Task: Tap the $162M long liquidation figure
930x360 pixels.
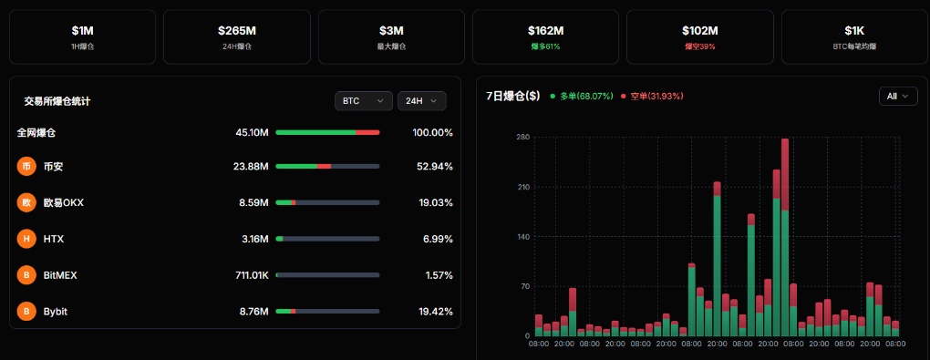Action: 545,30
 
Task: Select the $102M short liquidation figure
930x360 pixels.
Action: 699,30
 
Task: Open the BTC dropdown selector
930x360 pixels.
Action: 363,101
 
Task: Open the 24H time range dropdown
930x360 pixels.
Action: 421,101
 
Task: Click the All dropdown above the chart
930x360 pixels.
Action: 897,96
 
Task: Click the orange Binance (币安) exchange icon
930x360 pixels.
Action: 26,167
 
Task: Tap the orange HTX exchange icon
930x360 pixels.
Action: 26,239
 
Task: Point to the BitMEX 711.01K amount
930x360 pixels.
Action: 251,275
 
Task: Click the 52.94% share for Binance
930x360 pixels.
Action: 434,167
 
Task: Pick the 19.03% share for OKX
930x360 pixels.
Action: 434,202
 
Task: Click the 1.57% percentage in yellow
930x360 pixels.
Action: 439,275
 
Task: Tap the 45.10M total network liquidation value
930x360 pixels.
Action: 252,132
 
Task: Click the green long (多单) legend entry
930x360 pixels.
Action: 582,96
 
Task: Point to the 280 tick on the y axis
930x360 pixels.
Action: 522,138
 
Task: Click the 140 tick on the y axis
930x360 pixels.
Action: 522,237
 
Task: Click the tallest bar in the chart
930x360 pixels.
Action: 785,237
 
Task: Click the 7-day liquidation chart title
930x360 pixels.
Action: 513,96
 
